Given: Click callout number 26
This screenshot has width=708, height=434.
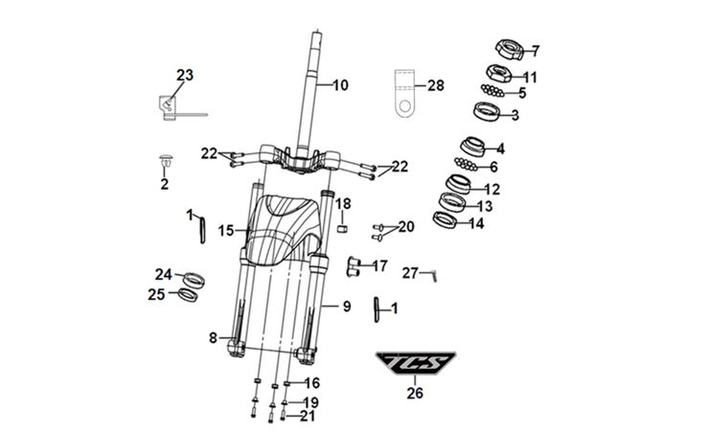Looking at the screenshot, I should point(414,392).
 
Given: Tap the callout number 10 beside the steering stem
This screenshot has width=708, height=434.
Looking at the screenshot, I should point(340,85).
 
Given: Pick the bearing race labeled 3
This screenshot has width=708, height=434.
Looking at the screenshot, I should point(489,112).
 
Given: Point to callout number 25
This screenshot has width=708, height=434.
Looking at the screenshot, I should point(156,295).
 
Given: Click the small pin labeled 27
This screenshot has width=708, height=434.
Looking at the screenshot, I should point(434,275).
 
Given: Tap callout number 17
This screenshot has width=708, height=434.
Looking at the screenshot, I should point(379,265).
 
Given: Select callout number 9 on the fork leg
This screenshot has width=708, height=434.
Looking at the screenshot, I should point(347,307).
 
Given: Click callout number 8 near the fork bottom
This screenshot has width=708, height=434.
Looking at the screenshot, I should point(213,337).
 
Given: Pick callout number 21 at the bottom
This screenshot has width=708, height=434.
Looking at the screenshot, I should point(308,416).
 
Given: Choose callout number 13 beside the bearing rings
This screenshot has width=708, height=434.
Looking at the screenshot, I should point(485,206).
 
